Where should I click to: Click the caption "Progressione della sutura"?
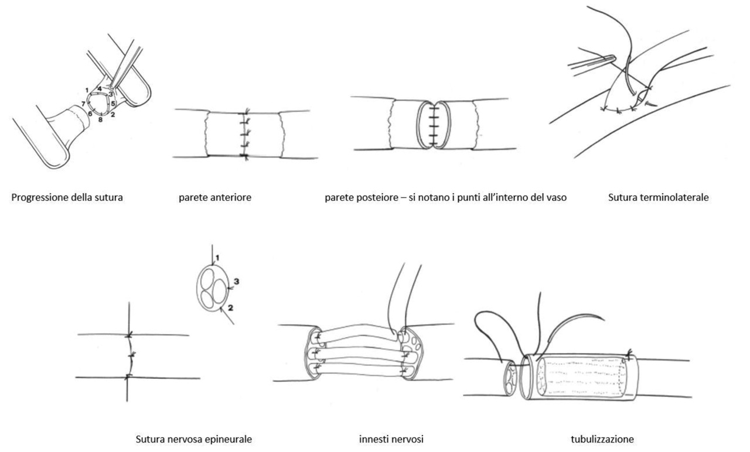[x=67, y=197]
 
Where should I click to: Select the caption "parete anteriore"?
[x=215, y=197]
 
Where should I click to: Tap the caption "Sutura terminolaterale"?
[x=658, y=197]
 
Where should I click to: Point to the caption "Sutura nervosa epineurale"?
[x=193, y=439]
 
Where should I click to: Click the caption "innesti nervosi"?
[x=391, y=439]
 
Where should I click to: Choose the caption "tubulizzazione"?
[x=602, y=439]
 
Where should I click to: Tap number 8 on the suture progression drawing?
[x=100, y=120]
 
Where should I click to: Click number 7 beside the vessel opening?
[x=83, y=104]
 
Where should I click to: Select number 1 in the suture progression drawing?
[x=87, y=90]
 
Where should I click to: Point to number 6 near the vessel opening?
[x=90, y=114]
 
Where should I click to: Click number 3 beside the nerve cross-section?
[x=236, y=282]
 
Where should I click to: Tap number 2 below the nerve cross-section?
[x=230, y=308]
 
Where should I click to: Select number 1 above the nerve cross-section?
[x=217, y=258]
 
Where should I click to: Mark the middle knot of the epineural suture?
[x=132, y=355]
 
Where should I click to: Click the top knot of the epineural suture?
[x=129, y=334]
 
